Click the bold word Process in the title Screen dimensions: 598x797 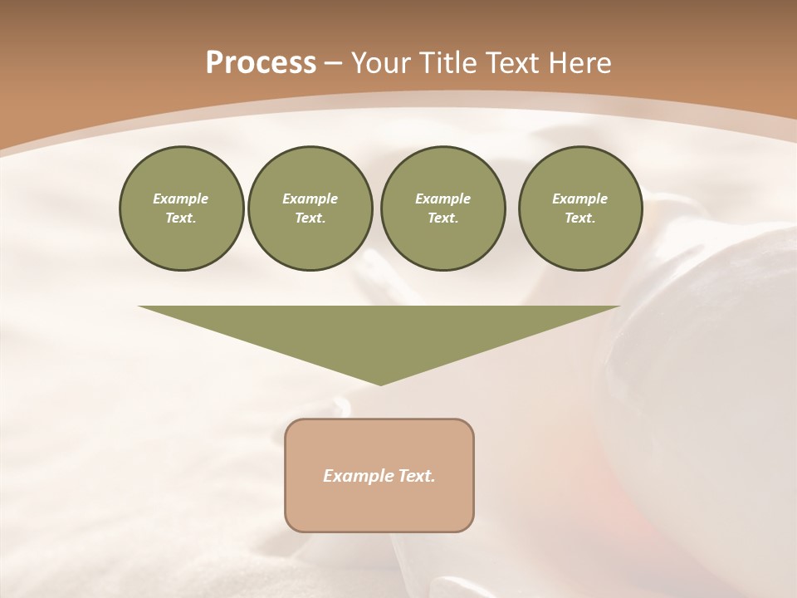click(x=261, y=63)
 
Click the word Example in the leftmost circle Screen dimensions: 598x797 click(x=181, y=199)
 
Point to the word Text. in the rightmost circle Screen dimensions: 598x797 click(x=579, y=218)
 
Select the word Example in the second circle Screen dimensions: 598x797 click(x=310, y=199)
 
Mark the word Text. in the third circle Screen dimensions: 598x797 click(x=443, y=218)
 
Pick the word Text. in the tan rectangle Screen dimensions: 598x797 click(x=417, y=476)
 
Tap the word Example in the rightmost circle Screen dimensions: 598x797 click(x=579, y=199)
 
